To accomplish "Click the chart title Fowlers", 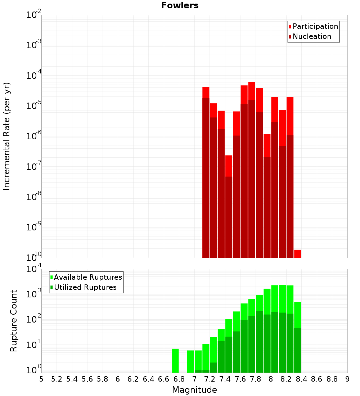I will [x=180, y=5].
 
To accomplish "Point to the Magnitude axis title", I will [x=194, y=390].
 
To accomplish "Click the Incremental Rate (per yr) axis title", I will [x=7, y=136].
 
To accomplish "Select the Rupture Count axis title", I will [x=14, y=321].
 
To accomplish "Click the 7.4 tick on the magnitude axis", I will [x=225, y=379].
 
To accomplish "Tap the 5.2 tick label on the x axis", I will [x=57, y=379].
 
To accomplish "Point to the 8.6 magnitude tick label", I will [x=317, y=379].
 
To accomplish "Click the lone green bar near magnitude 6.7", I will [x=175, y=361].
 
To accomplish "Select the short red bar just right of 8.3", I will [x=298, y=253].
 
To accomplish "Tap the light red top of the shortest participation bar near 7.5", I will [x=229, y=166].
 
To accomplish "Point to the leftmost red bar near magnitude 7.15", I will [x=206, y=173].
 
